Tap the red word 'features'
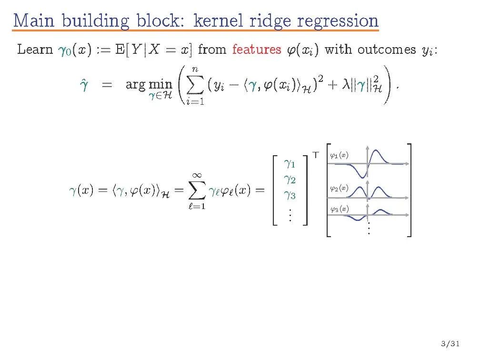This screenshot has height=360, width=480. [x=257, y=50]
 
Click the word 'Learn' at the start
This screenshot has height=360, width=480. [x=34, y=50]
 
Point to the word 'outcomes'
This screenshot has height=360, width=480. [x=387, y=50]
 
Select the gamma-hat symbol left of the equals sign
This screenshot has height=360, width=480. [x=81, y=86]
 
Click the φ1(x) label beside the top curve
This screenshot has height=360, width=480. [x=339, y=155]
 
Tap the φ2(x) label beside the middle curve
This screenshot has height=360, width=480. [x=339, y=189]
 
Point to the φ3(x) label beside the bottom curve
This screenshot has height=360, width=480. [x=339, y=209]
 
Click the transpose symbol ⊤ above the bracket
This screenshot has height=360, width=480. [x=315, y=154]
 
